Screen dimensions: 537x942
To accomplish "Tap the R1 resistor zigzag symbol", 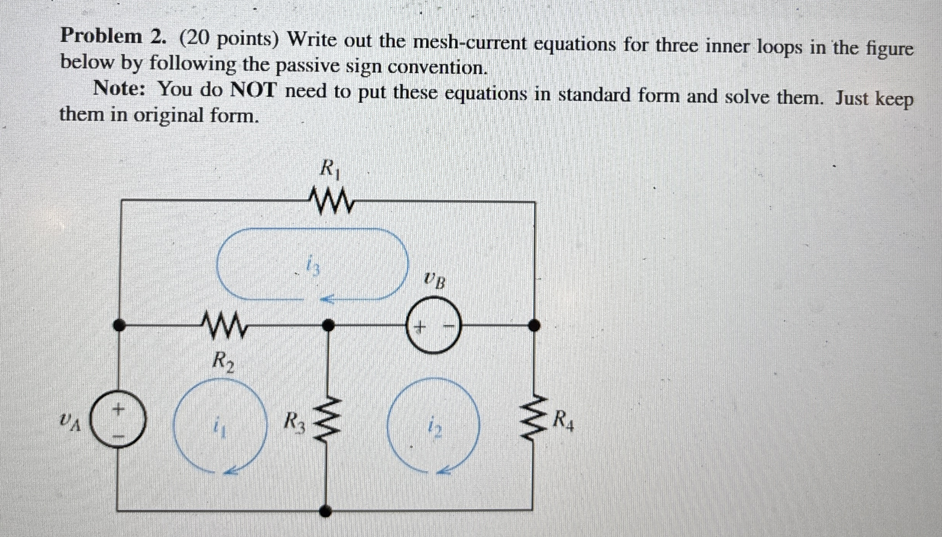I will click(x=331, y=200).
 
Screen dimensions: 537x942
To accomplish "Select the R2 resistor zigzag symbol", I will click(x=224, y=325).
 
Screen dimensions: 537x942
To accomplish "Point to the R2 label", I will click(x=223, y=362).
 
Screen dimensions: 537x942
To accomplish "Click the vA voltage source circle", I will click(x=119, y=420).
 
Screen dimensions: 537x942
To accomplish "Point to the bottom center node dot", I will click(x=325, y=510).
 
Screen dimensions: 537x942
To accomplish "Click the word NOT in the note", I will click(x=253, y=91).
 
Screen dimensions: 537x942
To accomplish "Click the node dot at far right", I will click(x=534, y=325).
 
